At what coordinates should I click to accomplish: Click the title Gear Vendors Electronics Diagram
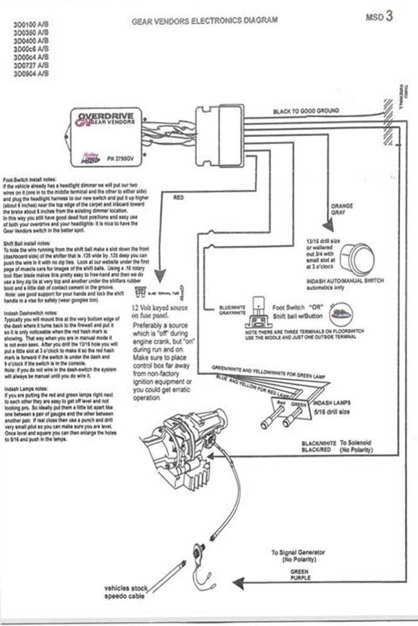click(205, 20)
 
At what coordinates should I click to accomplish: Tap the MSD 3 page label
click(380, 17)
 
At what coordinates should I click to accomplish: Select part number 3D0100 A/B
click(32, 25)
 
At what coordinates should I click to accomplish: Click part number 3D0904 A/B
click(32, 74)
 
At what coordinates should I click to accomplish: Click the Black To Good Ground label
click(306, 111)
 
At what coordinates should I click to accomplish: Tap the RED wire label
click(179, 198)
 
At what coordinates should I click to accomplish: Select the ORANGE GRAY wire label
click(339, 209)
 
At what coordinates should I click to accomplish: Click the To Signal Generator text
click(298, 552)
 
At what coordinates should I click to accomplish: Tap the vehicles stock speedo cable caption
click(125, 592)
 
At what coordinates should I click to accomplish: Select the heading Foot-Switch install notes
click(29, 178)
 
